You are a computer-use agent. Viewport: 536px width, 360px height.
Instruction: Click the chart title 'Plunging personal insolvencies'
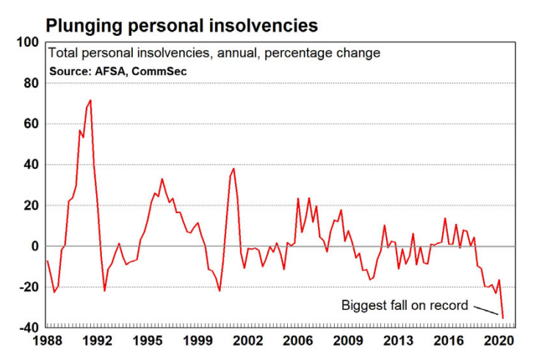click(x=182, y=25)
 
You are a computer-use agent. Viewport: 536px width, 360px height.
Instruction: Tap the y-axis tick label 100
click(x=28, y=43)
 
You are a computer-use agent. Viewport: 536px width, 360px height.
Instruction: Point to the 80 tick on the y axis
click(x=31, y=83)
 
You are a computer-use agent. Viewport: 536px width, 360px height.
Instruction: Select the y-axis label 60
click(x=31, y=124)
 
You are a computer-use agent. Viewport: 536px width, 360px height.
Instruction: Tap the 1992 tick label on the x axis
click(x=97, y=342)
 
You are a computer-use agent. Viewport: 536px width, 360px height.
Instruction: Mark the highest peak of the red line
click(x=90, y=101)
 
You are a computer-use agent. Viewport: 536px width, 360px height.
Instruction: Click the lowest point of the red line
click(x=503, y=317)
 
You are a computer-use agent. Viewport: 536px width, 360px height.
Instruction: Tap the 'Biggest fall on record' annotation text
click(x=405, y=305)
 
